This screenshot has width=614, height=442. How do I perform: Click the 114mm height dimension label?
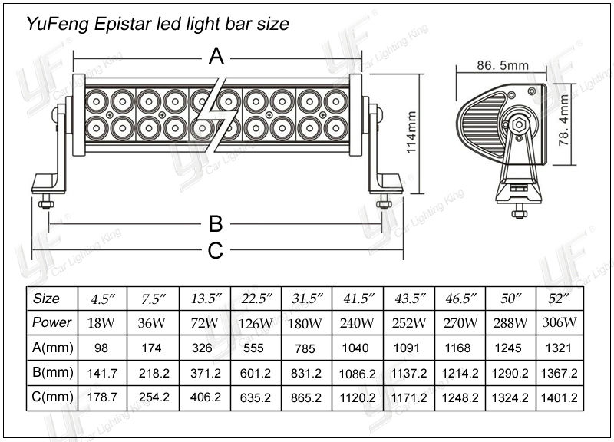(x=411, y=133)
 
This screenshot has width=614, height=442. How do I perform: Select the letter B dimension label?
(x=216, y=223)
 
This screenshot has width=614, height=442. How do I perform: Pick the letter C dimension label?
(x=216, y=249)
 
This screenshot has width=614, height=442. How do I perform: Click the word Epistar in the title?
(x=127, y=24)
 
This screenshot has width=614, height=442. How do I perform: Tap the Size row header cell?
(x=48, y=298)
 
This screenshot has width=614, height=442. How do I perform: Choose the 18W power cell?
(x=101, y=322)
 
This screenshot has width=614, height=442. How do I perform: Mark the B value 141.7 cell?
(x=101, y=373)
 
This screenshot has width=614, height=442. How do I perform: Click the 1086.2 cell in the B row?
(x=358, y=373)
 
